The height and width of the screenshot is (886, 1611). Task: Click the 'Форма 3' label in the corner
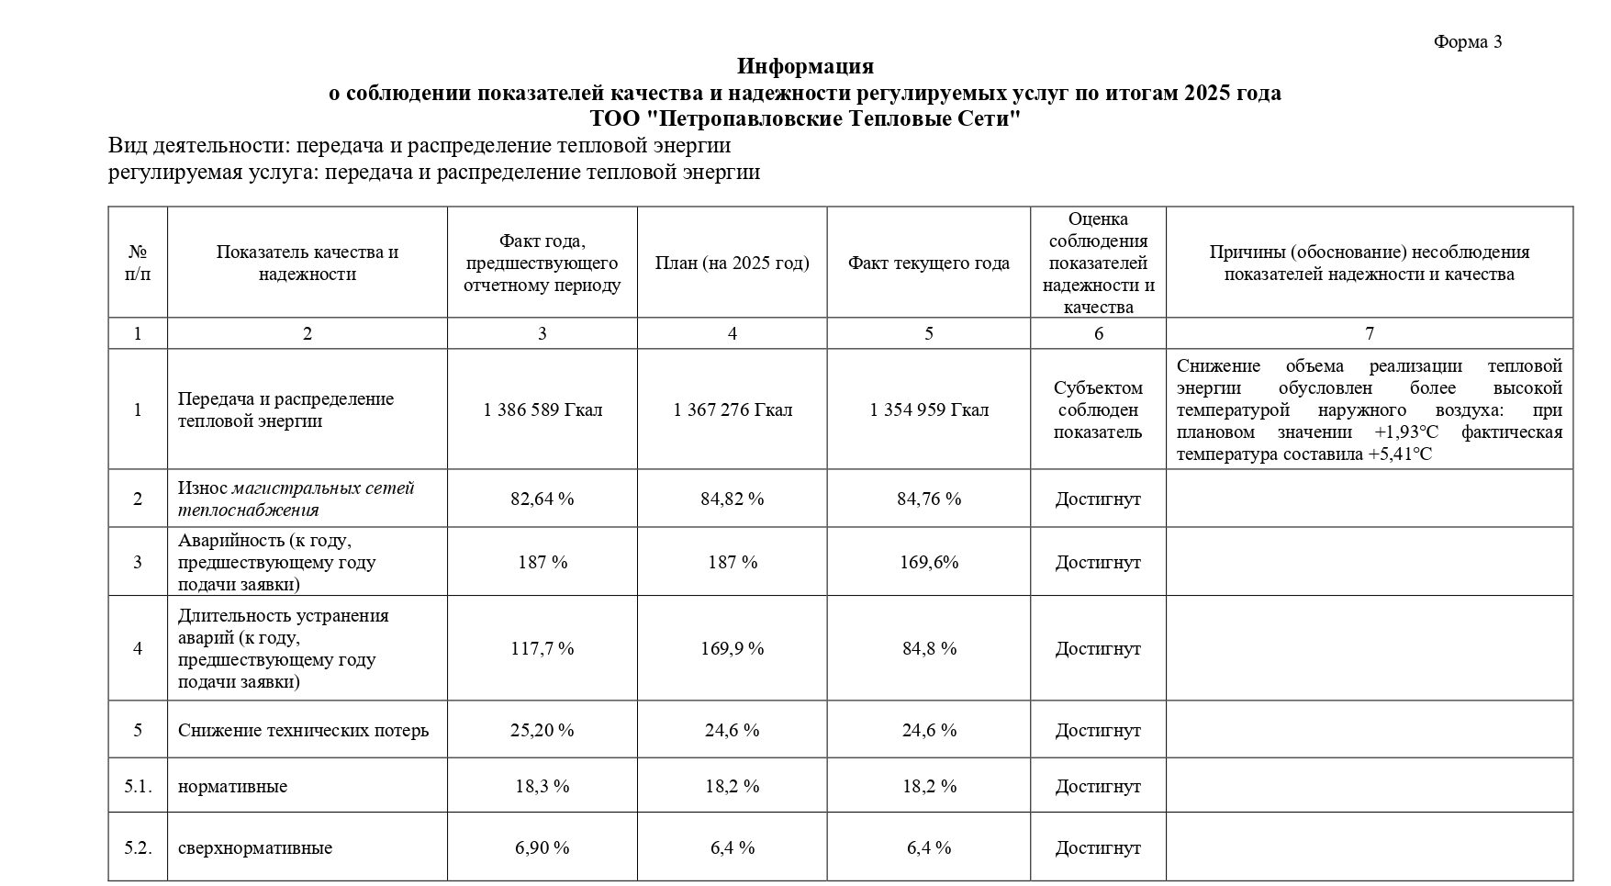pyautogui.click(x=1467, y=41)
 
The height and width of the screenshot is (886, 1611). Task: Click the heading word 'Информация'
pyautogui.click(x=805, y=66)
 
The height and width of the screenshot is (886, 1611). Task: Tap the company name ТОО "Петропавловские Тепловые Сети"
pyautogui.click(x=805, y=119)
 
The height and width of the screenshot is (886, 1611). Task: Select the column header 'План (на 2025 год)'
pyautogui.click(x=732, y=264)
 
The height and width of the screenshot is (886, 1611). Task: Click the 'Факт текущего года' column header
pyautogui.click(x=928, y=264)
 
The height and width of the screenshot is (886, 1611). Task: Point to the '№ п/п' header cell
pyautogui.click(x=138, y=263)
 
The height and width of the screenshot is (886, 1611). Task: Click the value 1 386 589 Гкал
pyautogui.click(x=543, y=409)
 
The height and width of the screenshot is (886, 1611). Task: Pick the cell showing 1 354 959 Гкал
pyautogui.click(x=929, y=409)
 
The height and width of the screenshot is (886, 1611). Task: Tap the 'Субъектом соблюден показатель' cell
pyautogui.click(x=1098, y=409)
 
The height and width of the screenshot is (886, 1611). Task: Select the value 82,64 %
pyautogui.click(x=543, y=499)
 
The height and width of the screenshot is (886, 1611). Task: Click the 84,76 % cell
pyautogui.click(x=929, y=499)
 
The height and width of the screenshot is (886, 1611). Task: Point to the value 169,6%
pyautogui.click(x=929, y=562)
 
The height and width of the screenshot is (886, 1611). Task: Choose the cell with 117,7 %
pyautogui.click(x=543, y=648)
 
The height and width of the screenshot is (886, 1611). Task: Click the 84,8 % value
pyautogui.click(x=929, y=648)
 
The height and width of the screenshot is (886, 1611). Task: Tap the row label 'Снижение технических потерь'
pyautogui.click(x=303, y=731)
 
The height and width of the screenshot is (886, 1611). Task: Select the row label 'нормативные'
pyautogui.click(x=232, y=787)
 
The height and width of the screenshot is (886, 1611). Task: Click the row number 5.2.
pyautogui.click(x=138, y=847)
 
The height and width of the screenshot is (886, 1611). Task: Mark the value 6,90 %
pyautogui.click(x=543, y=847)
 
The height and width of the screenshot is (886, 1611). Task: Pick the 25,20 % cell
pyautogui.click(x=543, y=731)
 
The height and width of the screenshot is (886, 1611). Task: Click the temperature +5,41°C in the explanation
pyautogui.click(x=1398, y=454)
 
